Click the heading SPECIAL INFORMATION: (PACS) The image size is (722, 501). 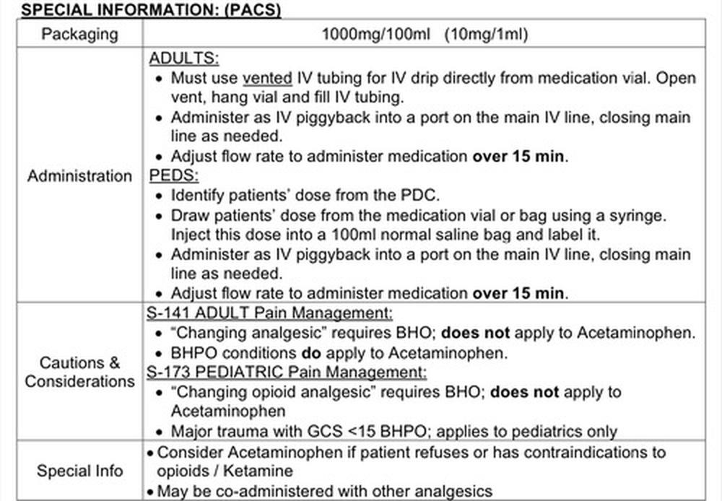(x=141, y=9)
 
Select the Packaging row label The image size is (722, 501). (x=80, y=34)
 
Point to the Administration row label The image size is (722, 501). (x=80, y=176)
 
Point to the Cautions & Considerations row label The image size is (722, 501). (x=80, y=372)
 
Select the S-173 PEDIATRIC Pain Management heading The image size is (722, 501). (x=287, y=373)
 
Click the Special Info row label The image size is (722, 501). (x=80, y=471)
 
